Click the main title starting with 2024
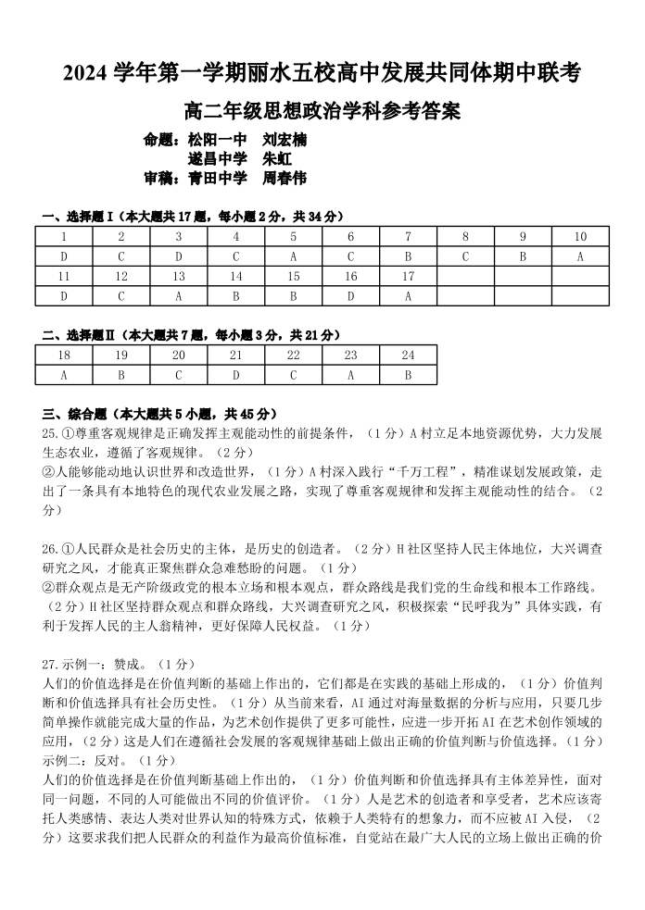click(322, 72)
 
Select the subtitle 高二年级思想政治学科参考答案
click(322, 112)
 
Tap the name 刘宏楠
click(285, 141)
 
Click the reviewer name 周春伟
click(285, 178)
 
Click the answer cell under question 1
click(63, 256)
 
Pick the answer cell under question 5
click(293, 256)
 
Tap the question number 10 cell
click(580, 237)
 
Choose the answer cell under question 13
click(178, 296)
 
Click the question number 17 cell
click(408, 277)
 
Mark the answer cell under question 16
click(350, 296)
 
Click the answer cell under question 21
click(235, 375)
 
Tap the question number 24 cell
click(408, 355)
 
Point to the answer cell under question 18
click(63, 375)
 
